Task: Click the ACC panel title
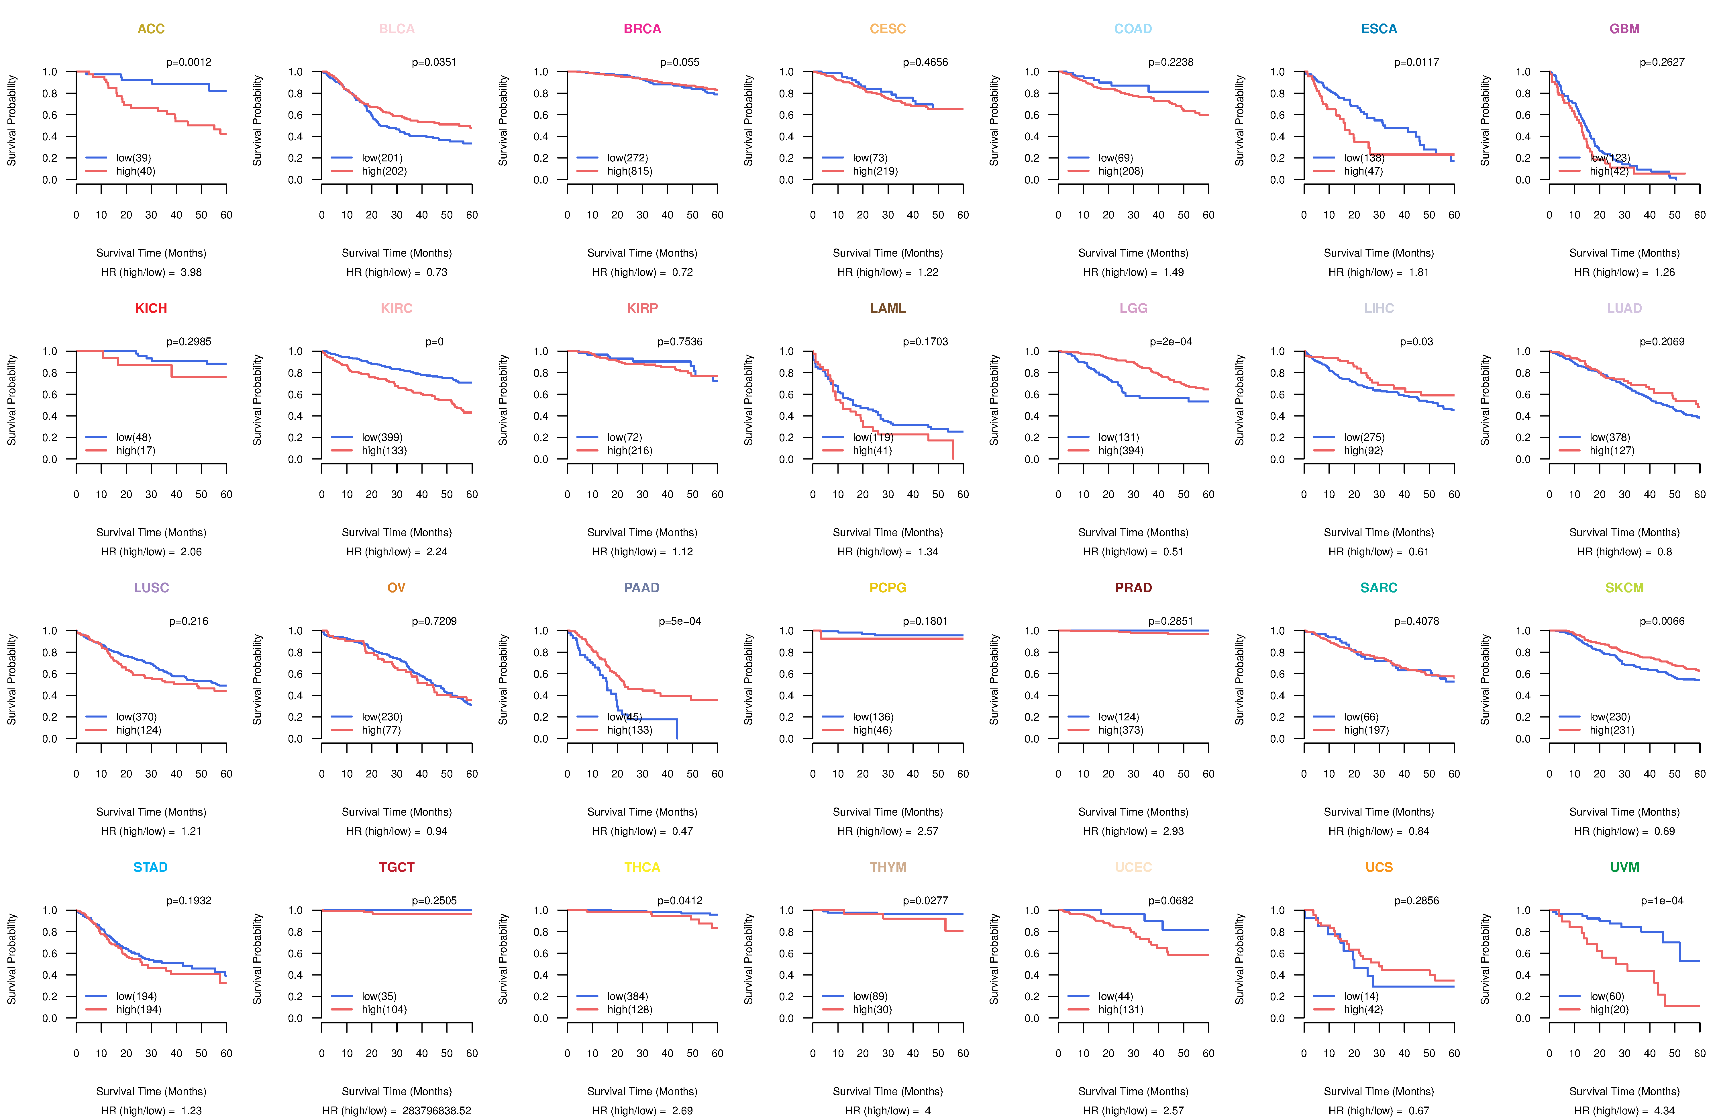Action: tap(151, 29)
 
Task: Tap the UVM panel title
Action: tap(1624, 867)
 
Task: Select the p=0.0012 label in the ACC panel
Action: tap(189, 62)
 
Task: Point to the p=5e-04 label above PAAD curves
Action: tap(680, 621)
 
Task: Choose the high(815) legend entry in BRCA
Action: tap(629, 171)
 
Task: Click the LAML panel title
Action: tap(888, 308)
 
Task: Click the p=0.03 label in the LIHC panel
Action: tap(1416, 342)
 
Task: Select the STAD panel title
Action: tap(150, 867)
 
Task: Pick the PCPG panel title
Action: tap(888, 588)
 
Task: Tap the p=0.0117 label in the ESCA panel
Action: tap(1416, 62)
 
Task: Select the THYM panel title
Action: tap(888, 867)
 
